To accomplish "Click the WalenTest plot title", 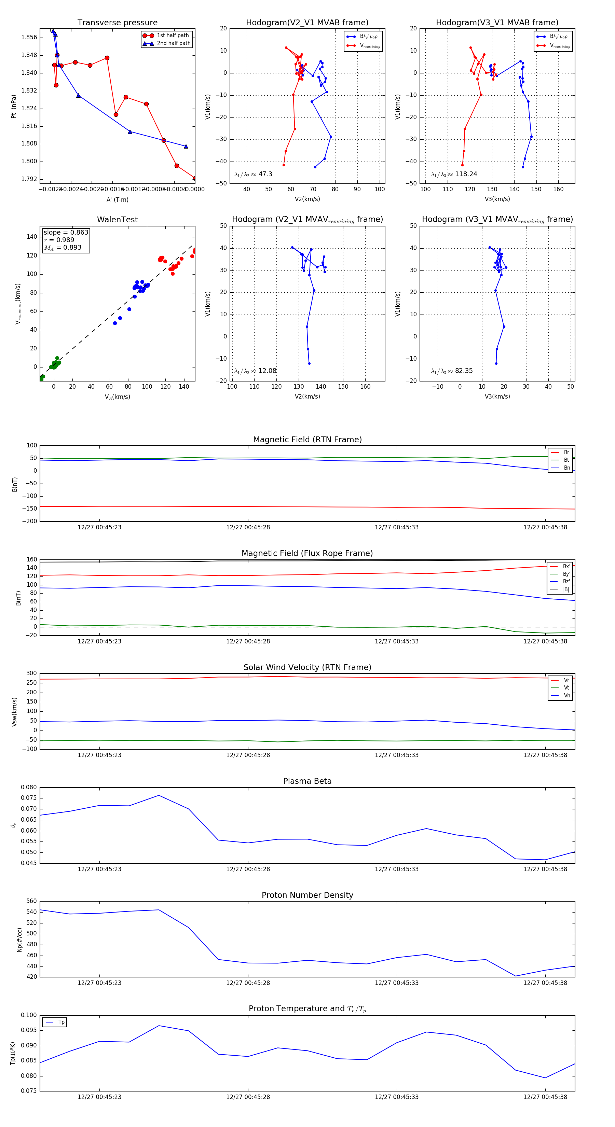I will tap(117, 220).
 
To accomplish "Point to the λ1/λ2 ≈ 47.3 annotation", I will tap(253, 174).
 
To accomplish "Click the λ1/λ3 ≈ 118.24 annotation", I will tap(454, 174).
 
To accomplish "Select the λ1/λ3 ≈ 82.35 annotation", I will tap(452, 371).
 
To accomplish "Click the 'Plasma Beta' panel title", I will tap(307, 781).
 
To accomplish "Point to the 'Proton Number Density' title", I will tap(307, 895).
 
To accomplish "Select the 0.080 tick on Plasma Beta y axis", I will tap(29, 788).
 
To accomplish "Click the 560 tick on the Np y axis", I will tap(31, 901).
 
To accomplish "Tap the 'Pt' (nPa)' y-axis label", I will tap(14, 106).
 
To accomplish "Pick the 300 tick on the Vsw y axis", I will tap(31, 673).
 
